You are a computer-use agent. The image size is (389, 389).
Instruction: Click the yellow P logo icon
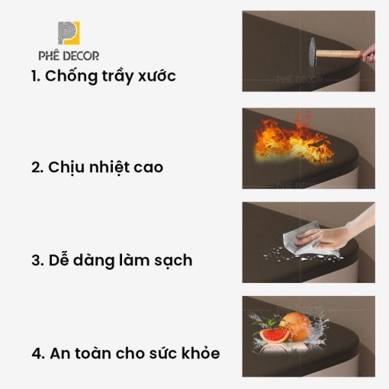69,33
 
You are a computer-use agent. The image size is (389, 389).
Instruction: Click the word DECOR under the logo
81,56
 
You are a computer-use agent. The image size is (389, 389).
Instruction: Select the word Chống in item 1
71,76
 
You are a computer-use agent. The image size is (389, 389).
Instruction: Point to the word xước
157,76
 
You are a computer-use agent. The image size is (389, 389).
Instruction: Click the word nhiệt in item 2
110,167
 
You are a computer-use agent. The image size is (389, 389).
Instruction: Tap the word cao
148,168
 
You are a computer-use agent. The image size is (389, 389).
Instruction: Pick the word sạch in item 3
173,261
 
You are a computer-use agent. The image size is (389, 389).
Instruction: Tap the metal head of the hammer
313,52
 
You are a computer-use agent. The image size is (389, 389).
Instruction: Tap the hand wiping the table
328,235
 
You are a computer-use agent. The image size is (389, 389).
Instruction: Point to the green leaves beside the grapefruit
265,323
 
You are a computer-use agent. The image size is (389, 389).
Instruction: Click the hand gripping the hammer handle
369,54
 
